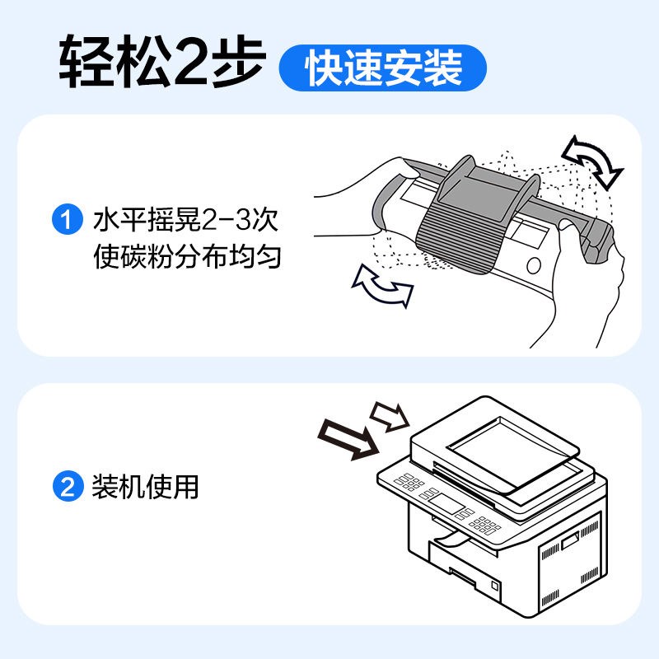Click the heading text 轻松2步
tap(160, 59)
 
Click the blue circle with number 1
tap(65, 221)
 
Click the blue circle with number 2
tap(65, 487)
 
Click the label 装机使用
tap(147, 487)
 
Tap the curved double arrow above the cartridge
tap(591, 162)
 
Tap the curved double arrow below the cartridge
tap(381, 287)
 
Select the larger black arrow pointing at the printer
tap(349, 440)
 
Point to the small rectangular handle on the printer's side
tap(570, 540)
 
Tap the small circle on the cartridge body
tap(533, 265)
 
